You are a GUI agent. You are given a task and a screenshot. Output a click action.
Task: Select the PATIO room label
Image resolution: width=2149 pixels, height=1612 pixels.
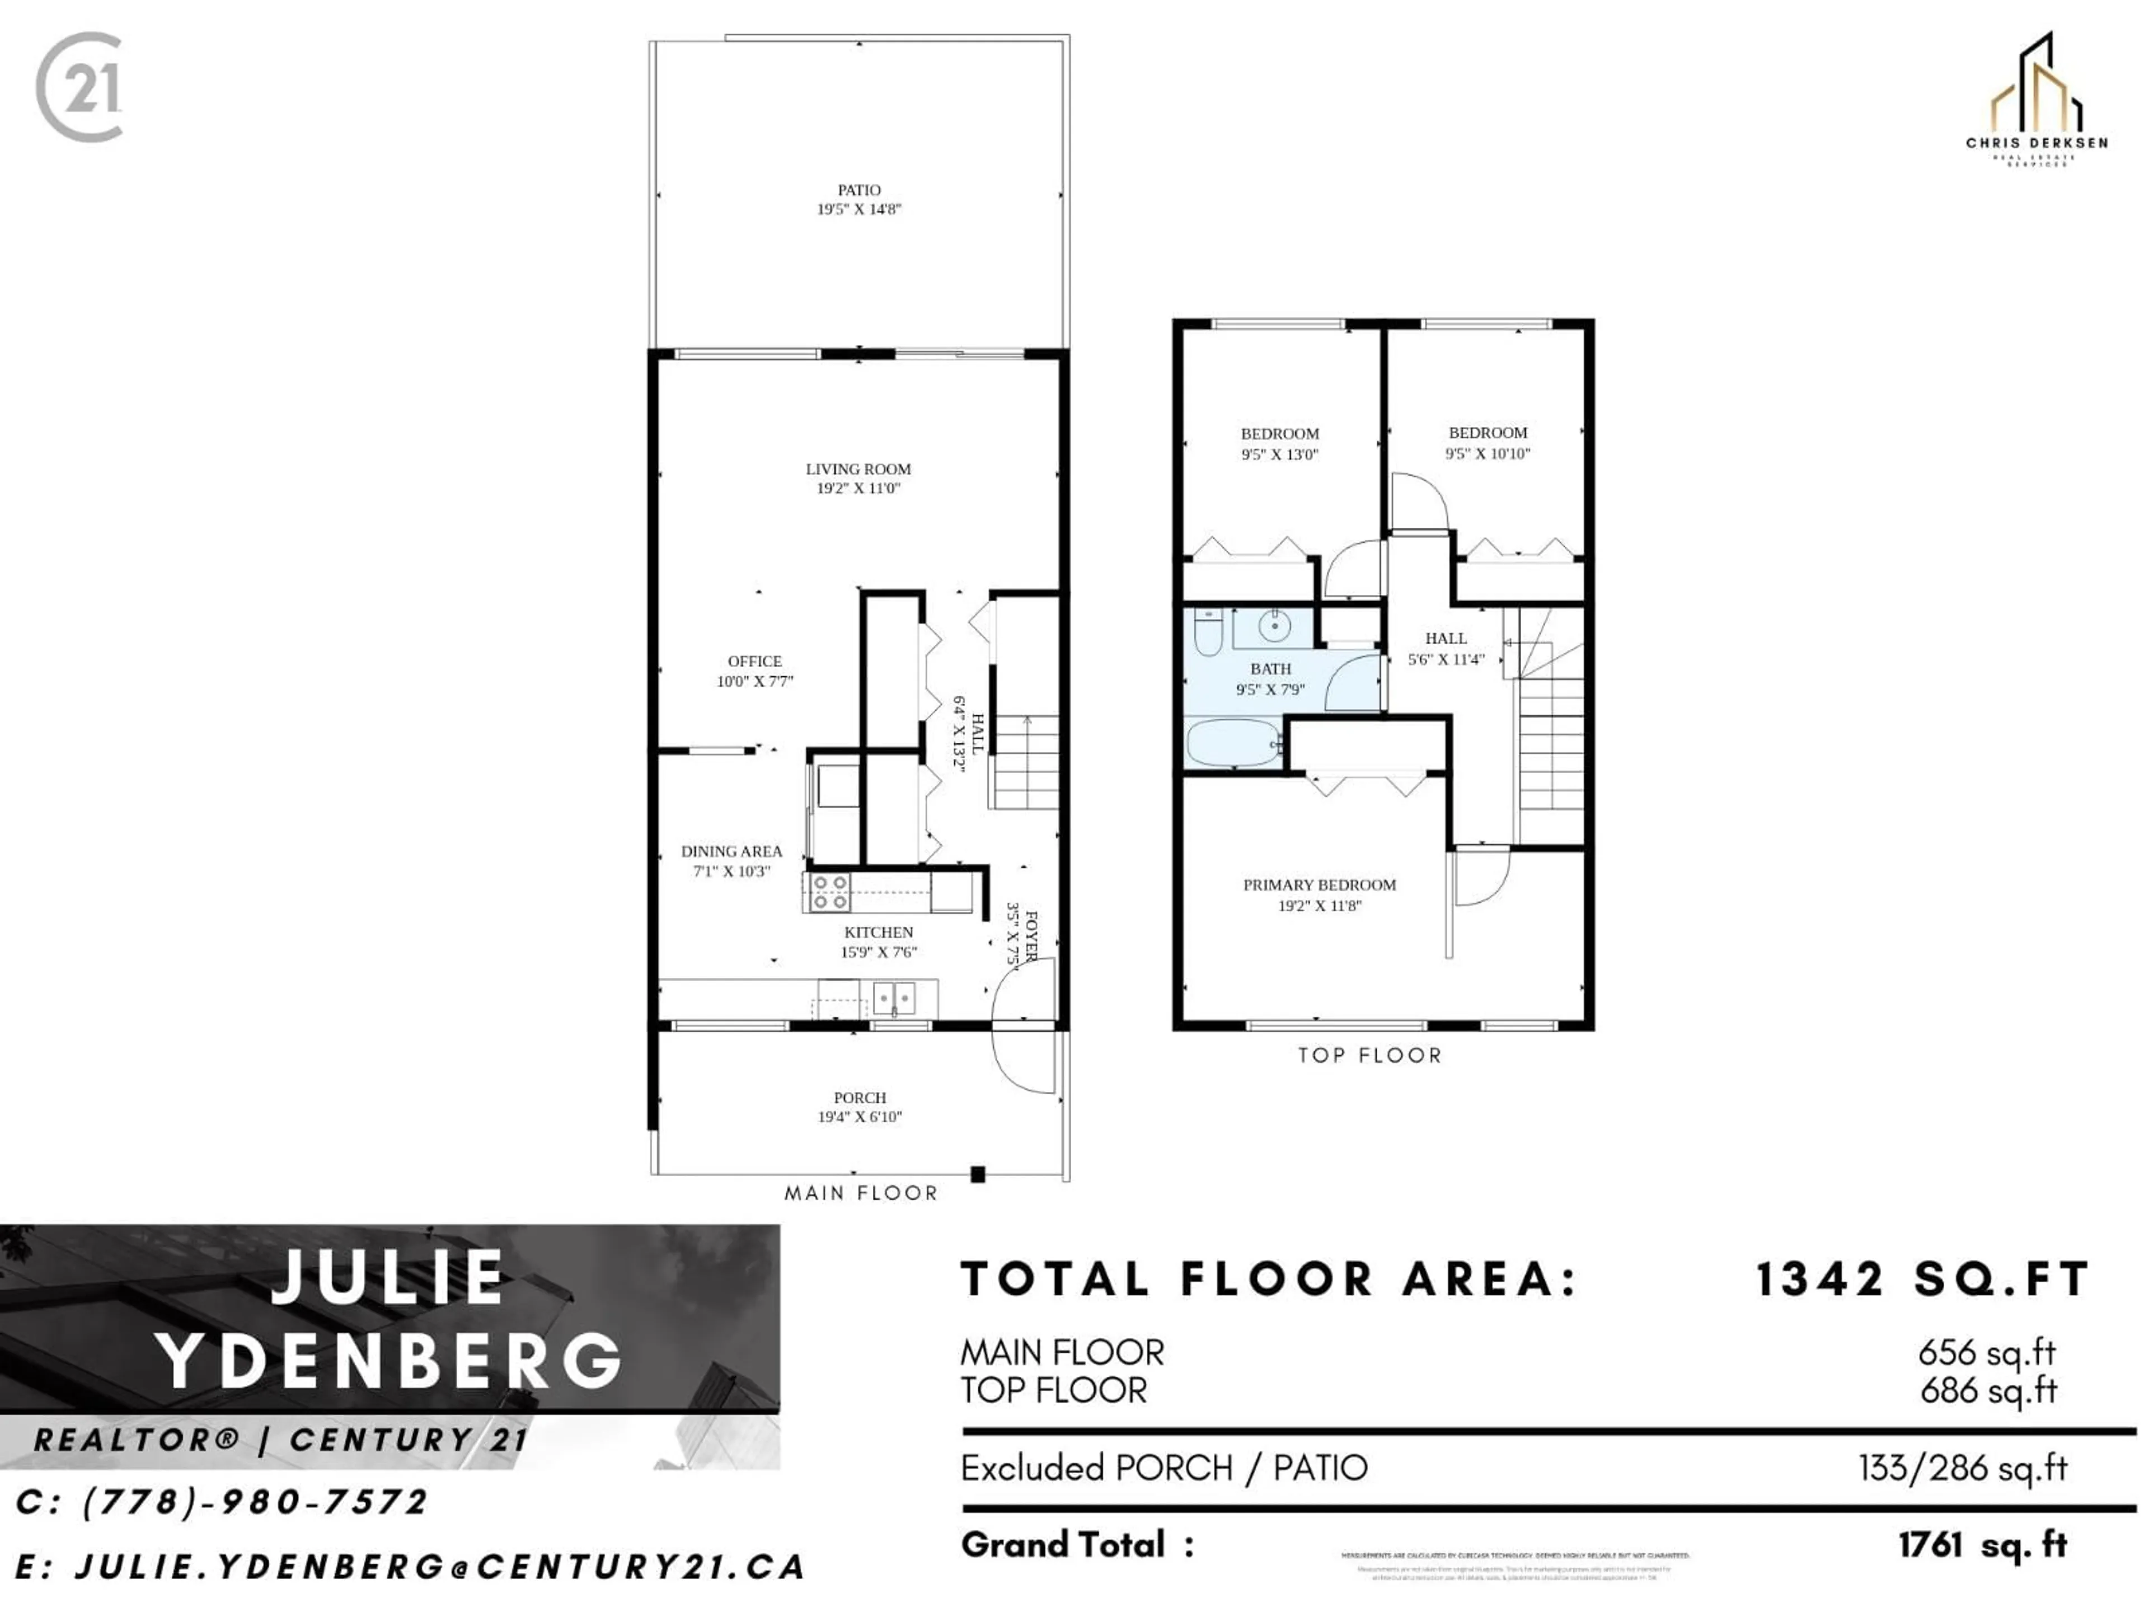coord(859,190)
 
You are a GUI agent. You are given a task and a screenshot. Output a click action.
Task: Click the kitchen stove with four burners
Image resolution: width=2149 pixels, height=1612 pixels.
coord(830,892)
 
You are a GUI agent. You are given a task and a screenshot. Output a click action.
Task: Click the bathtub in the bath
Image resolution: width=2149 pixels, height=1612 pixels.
coord(1232,743)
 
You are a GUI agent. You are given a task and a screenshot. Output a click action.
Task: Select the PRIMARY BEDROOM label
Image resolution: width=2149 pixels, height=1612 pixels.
coord(1319,885)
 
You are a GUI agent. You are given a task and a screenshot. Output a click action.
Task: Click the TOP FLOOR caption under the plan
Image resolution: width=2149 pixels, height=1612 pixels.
coord(1370,1055)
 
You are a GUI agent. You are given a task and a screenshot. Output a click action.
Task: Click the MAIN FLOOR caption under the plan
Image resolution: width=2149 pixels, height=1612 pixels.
coord(861,1193)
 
